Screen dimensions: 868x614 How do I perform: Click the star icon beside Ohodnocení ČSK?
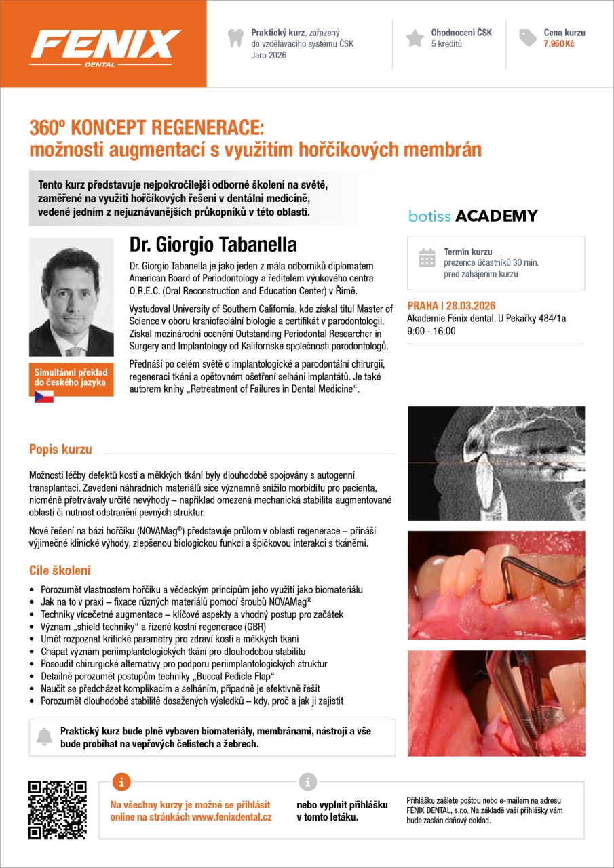[415, 38]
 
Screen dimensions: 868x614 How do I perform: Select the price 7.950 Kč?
[559, 43]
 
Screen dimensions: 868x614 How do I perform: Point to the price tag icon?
[528, 38]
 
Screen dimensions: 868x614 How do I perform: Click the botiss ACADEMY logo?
[473, 216]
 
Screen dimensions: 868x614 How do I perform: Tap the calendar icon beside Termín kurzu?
[427, 258]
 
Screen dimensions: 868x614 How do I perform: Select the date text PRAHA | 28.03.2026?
[451, 306]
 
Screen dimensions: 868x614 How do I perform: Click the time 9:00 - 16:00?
[431, 332]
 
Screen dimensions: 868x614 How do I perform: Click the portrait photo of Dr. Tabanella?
[71, 298]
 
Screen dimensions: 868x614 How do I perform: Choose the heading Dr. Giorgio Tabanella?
[213, 244]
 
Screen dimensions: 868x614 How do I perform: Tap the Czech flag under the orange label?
[44, 396]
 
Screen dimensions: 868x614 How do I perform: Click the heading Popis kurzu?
[60, 449]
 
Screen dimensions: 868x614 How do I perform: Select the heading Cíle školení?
[60, 570]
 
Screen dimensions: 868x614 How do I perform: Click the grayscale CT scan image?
[496, 463]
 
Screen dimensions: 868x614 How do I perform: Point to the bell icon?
[44, 736]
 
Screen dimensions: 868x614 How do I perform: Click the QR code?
[58, 810]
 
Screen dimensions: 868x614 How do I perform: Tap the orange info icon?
[121, 781]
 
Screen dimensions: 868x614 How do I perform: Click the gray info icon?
[307, 781]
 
